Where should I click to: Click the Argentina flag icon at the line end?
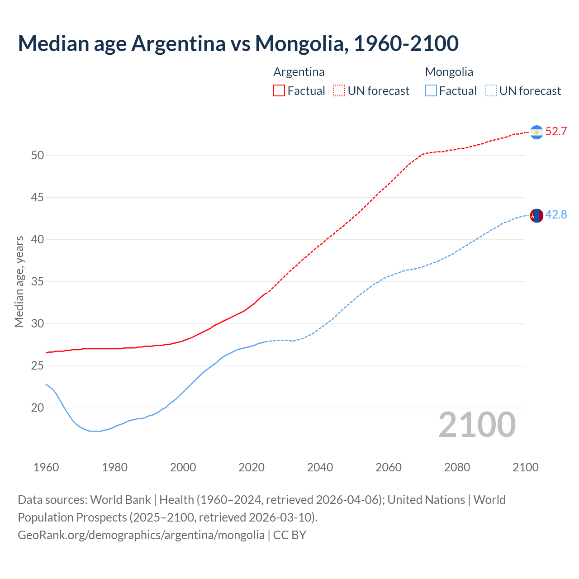tap(536, 132)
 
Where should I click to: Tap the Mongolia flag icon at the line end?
tap(536, 216)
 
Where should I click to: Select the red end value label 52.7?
tap(556, 132)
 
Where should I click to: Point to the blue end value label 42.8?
tap(556, 215)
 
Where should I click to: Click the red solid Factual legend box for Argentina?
tap(279, 91)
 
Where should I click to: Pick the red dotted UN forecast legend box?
tap(339, 91)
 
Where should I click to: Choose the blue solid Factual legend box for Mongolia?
tap(431, 91)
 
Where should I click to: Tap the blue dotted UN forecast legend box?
tap(491, 91)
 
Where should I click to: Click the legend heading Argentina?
tap(299, 72)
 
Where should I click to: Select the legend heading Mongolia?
tap(449, 72)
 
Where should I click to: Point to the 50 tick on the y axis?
tap(38, 156)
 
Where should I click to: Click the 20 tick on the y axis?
tap(38, 408)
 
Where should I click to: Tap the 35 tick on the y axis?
tap(38, 282)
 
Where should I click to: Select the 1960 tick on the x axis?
tap(46, 467)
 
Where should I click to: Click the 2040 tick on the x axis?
tap(320, 467)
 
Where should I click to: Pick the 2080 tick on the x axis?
tap(457, 467)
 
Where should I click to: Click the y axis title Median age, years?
tap(19, 281)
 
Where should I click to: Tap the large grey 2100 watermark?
tap(477, 425)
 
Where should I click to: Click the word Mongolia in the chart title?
tap(301, 43)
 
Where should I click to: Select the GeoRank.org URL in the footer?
tap(141, 535)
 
